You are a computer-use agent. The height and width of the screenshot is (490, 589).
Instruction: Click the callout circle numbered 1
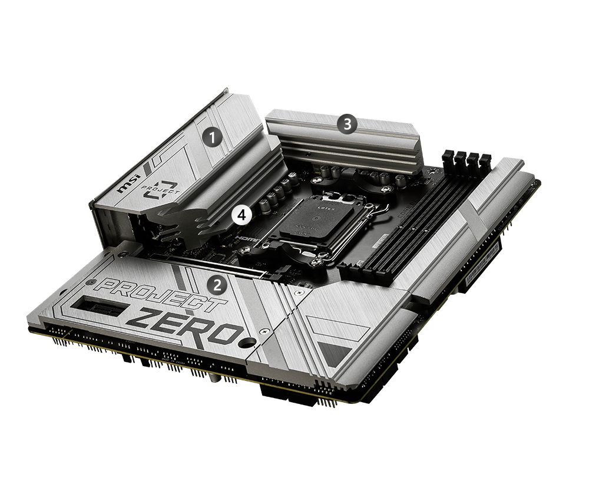click(212, 137)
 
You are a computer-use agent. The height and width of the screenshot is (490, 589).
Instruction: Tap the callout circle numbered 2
click(218, 286)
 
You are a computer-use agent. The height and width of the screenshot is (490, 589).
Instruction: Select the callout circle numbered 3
click(347, 124)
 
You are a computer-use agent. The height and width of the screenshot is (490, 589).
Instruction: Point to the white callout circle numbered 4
click(241, 215)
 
